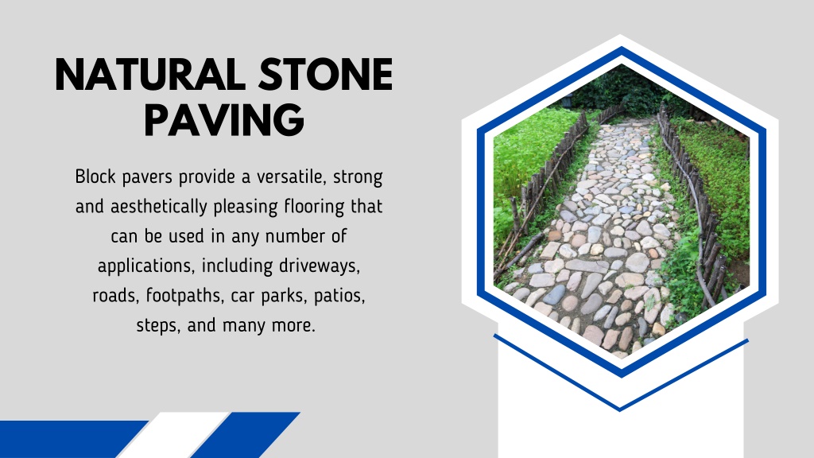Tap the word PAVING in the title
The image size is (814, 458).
[x=223, y=120]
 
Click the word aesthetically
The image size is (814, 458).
[x=159, y=207]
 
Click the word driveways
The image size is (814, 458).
[x=320, y=266]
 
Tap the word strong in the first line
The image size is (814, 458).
[x=358, y=177]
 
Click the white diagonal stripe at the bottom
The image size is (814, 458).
[x=172, y=435]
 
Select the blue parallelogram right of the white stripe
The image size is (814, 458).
[x=245, y=435]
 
